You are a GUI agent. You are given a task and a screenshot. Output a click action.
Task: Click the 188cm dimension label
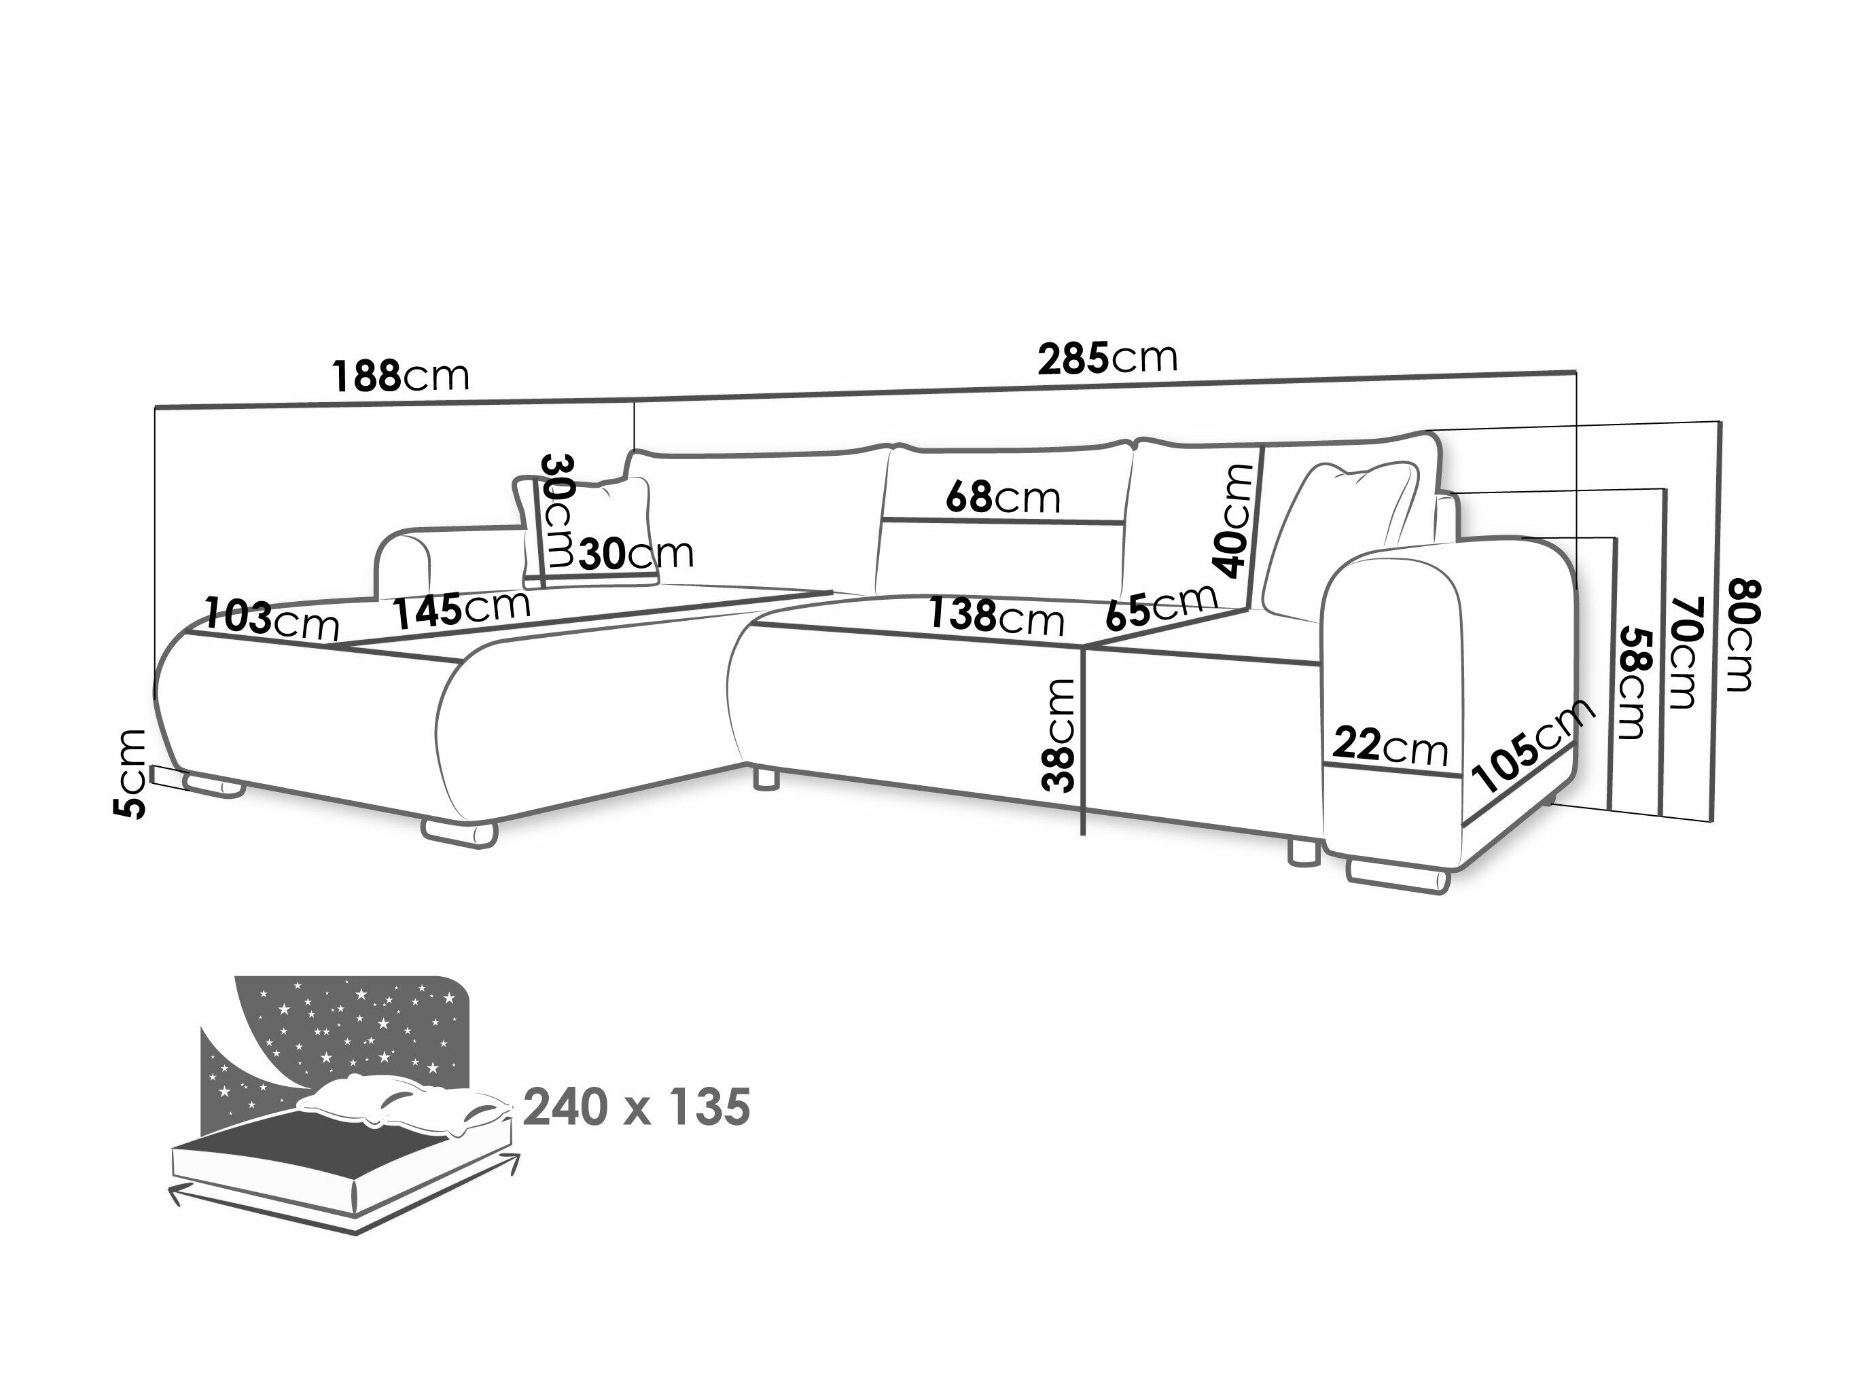tap(401, 376)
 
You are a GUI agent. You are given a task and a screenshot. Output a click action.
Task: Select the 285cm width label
tap(1107, 358)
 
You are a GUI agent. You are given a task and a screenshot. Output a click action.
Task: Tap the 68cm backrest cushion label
tap(1003, 497)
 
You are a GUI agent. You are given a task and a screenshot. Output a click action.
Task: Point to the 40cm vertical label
tap(1236, 521)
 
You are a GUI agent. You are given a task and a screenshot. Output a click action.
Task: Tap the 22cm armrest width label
tap(1390, 746)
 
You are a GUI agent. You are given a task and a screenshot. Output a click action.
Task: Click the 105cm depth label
tap(1532, 746)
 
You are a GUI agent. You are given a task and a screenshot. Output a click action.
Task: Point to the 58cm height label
tap(1631, 683)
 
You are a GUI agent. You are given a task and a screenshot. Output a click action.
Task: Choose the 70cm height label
tap(1682, 652)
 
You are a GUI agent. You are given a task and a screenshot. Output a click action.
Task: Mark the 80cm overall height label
tap(1738, 634)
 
